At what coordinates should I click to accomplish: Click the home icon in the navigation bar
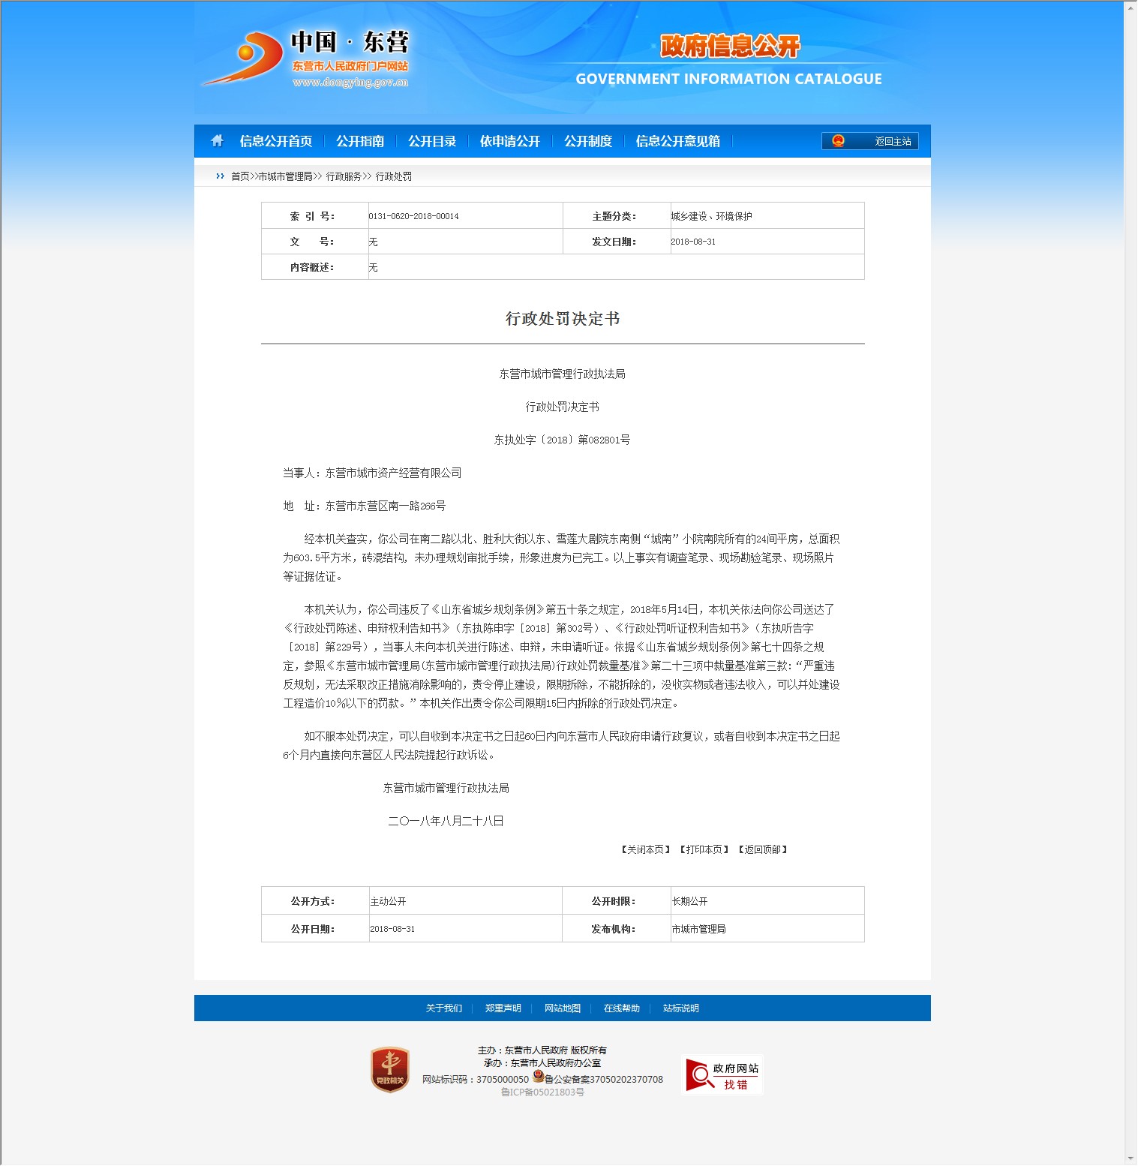218,141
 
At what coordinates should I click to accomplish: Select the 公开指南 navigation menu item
360,141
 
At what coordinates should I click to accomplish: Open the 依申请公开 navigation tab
510,141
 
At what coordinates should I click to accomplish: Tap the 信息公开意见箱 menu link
677,141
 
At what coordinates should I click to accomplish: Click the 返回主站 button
870,141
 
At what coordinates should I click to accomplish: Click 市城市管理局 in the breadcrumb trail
285,176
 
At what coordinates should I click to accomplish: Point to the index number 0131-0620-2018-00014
413,216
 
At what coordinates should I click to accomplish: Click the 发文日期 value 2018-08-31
693,242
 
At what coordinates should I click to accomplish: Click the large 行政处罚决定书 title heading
563,319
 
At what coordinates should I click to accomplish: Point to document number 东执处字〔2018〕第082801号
562,440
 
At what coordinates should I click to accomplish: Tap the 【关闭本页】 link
645,849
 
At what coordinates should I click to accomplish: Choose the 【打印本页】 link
704,849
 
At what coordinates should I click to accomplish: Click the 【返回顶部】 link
763,849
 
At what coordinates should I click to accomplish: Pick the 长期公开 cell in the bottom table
689,901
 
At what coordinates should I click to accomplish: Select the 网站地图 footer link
563,1008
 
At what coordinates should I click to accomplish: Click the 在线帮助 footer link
622,1008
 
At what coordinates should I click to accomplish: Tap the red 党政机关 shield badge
390,1070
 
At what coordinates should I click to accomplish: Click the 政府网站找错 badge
722,1075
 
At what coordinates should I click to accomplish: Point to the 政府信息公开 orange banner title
730,47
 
